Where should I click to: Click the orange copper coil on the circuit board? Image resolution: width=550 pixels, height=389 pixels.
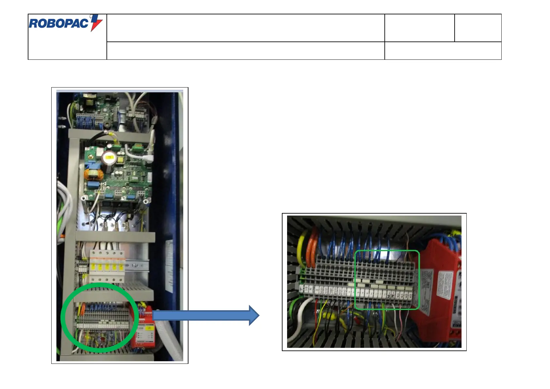(x=91, y=175)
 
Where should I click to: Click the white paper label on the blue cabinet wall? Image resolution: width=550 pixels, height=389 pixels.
(x=169, y=266)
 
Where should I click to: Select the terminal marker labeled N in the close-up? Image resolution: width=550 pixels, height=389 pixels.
(x=389, y=295)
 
